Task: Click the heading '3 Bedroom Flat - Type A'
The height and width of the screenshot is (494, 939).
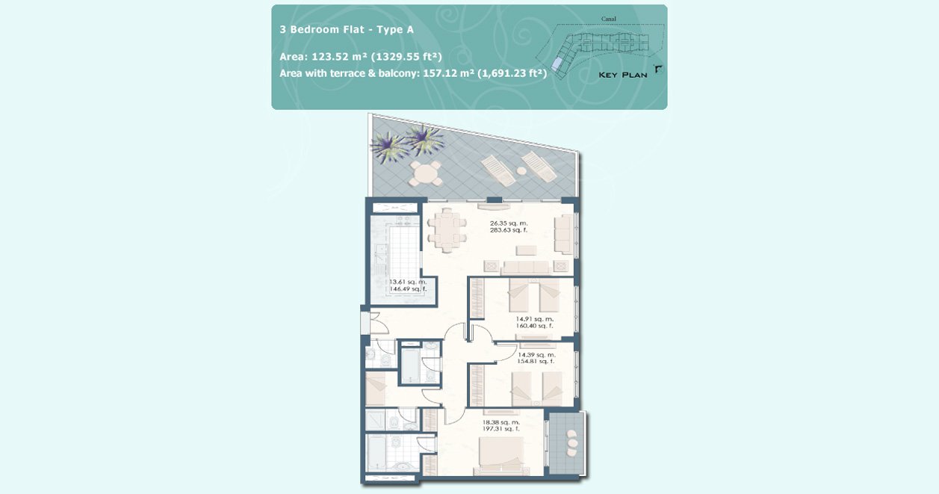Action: pyautogui.click(x=347, y=29)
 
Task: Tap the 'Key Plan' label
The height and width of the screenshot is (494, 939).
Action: pyautogui.click(x=623, y=75)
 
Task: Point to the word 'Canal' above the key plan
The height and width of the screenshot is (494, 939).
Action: pyautogui.click(x=609, y=19)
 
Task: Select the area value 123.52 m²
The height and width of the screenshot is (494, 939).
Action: pyautogui.click(x=340, y=57)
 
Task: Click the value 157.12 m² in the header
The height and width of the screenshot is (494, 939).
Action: pyautogui.click(x=448, y=73)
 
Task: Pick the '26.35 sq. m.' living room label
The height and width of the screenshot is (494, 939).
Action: pyautogui.click(x=509, y=223)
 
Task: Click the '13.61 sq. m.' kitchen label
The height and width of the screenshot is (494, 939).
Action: pyautogui.click(x=408, y=282)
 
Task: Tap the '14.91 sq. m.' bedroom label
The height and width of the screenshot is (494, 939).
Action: pyautogui.click(x=534, y=319)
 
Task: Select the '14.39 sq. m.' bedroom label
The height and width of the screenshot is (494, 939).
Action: pyautogui.click(x=536, y=355)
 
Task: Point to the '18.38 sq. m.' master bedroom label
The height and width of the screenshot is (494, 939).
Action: pyautogui.click(x=501, y=422)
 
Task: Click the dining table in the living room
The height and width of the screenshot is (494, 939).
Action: pyautogui.click(x=447, y=231)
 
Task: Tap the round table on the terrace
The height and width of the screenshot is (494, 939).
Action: pyautogui.click(x=425, y=173)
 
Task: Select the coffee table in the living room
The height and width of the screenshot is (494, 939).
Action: pyautogui.click(x=526, y=250)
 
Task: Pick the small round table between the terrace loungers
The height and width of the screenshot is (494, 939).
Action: pyautogui.click(x=521, y=171)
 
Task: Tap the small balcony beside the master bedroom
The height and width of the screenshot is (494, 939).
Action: pyautogui.click(x=566, y=444)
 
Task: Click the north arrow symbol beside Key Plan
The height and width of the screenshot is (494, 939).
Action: pyautogui.click(x=659, y=70)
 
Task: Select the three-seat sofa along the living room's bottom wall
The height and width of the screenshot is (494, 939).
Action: pyautogui.click(x=526, y=267)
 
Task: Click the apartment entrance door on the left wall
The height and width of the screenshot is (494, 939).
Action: pyautogui.click(x=365, y=323)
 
